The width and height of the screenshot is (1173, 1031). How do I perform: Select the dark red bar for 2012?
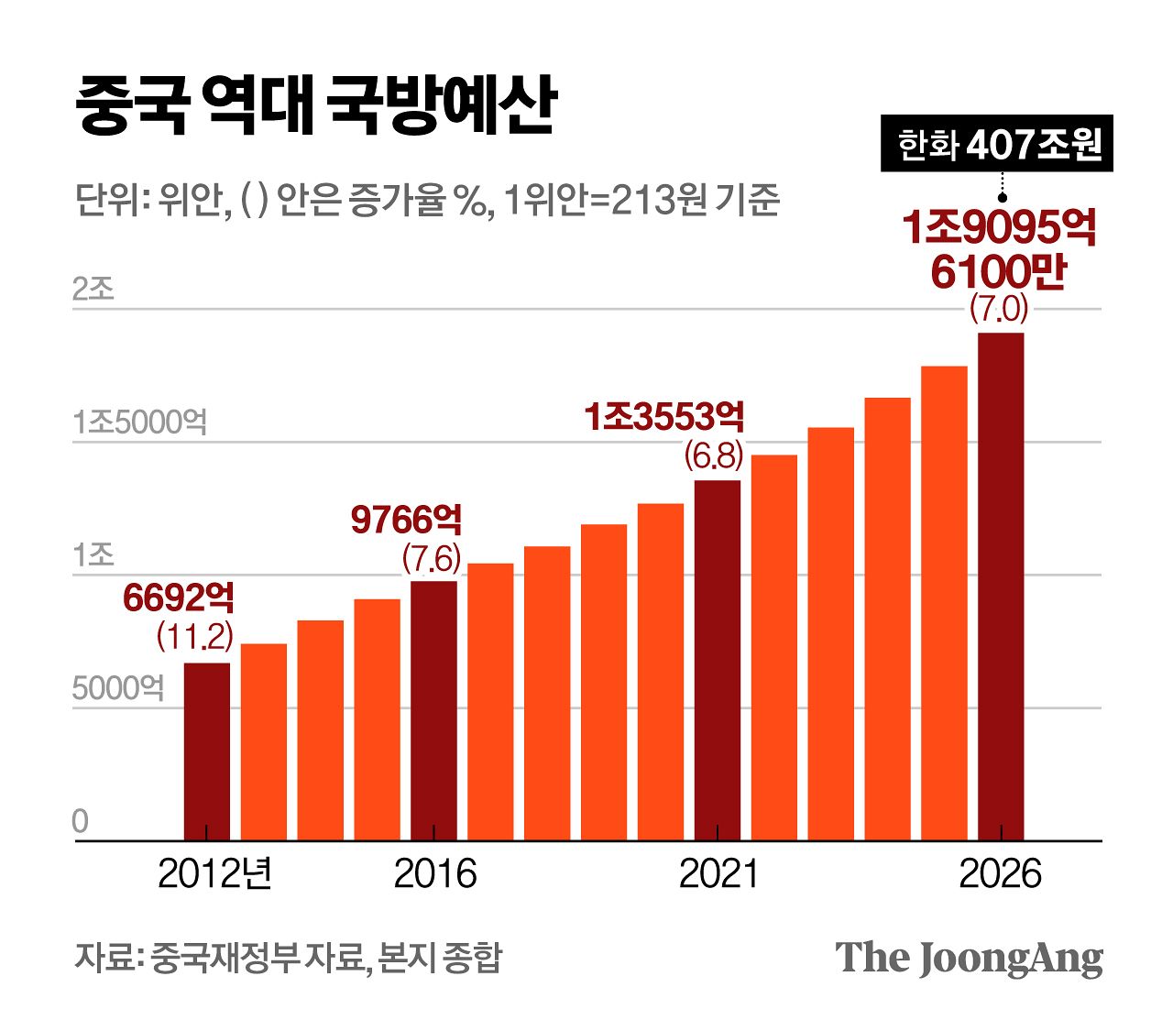pos(207,751)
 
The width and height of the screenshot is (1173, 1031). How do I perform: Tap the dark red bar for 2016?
pos(433,710)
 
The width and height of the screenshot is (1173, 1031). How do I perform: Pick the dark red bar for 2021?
pos(718,660)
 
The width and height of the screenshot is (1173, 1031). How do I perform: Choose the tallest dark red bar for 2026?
pos(1001,587)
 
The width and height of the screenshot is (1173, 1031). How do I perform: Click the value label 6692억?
pos(179,598)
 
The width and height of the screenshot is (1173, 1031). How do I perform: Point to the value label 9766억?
pos(406,520)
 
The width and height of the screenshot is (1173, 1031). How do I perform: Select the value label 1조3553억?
pos(664,417)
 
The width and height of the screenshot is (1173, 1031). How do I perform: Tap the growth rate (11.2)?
pos(194,635)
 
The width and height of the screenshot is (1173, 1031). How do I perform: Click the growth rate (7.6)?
pos(432,557)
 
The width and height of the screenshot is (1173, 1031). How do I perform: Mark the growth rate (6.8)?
pos(714,455)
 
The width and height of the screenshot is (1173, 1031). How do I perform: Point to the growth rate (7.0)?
pos(999,309)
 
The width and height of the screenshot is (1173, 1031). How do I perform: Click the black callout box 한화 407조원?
pos(997,144)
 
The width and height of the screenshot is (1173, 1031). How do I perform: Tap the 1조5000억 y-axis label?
pos(140,422)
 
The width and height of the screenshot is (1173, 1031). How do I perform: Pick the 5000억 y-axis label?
pos(118,687)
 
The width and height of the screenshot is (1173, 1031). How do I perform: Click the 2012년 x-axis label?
pos(214,874)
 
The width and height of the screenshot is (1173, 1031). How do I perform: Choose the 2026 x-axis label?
pos(1000,874)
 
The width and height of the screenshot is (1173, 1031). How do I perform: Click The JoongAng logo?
pos(969,958)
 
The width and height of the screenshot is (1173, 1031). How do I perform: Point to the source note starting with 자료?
pos(288,958)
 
